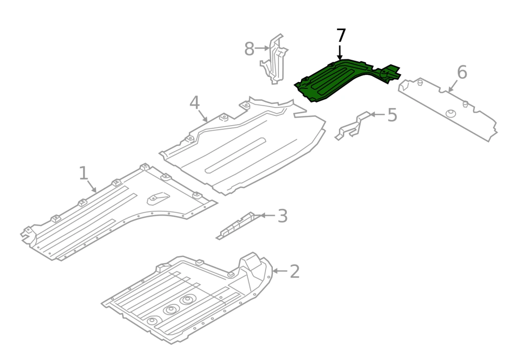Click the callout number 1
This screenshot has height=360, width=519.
click(x=84, y=174)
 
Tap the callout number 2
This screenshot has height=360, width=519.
click(x=295, y=272)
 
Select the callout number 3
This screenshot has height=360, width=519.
click(x=282, y=216)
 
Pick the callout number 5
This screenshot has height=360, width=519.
click(x=392, y=115)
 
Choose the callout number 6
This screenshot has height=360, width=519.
click(x=462, y=72)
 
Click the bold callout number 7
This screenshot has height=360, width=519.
click(x=341, y=36)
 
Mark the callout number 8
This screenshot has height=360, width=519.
click(x=249, y=49)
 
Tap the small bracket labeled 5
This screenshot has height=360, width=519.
click(x=353, y=126)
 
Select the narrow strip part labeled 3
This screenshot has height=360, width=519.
click(x=235, y=225)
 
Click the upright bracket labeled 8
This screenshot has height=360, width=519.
click(x=274, y=60)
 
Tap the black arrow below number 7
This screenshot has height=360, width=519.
click(x=340, y=53)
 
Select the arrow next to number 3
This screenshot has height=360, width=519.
click(x=268, y=216)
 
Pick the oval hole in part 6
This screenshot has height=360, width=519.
click(x=451, y=113)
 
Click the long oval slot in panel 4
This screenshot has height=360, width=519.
click(x=235, y=155)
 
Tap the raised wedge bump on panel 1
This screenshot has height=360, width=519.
click(x=158, y=198)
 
